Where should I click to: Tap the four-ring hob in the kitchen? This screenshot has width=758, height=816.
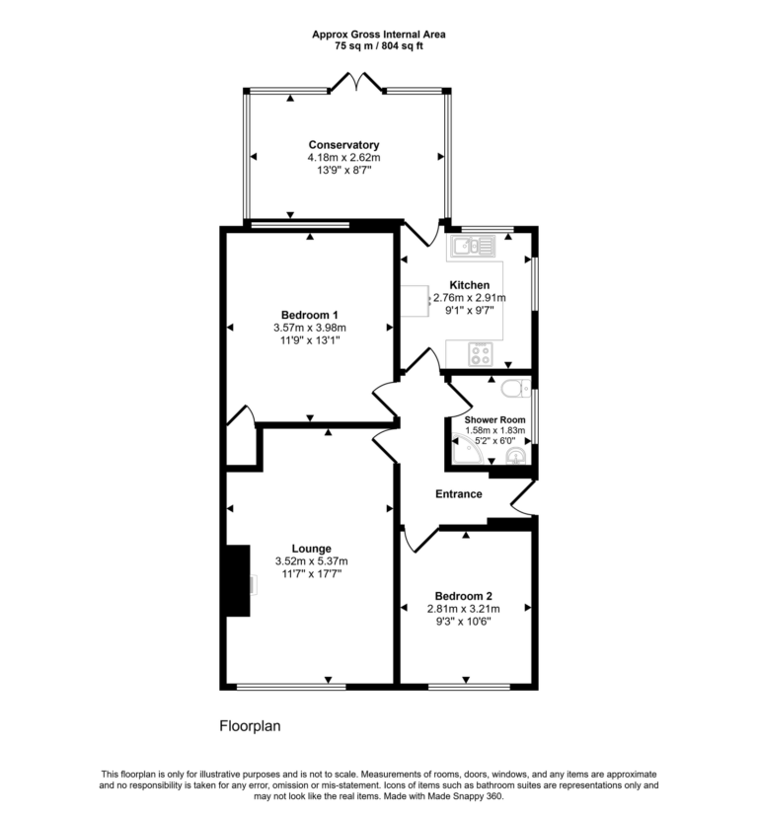(480, 353)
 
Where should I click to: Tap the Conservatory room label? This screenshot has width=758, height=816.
(342, 145)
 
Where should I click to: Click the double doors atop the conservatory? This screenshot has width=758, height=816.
(355, 82)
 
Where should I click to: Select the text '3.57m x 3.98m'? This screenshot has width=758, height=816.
(309, 328)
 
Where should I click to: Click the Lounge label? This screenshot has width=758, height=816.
(311, 549)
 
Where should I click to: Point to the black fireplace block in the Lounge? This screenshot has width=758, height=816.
(236, 581)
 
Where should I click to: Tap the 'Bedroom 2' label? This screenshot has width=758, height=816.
(463, 596)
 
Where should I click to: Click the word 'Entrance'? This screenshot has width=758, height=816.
(458, 494)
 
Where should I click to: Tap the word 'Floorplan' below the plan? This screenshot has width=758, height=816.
(250, 726)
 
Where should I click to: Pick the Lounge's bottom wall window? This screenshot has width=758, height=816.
(291, 686)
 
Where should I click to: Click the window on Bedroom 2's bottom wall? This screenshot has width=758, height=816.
(462, 686)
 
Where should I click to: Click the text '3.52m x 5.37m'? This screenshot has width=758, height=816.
(311, 561)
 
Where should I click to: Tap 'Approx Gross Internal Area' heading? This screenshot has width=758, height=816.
(378, 35)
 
